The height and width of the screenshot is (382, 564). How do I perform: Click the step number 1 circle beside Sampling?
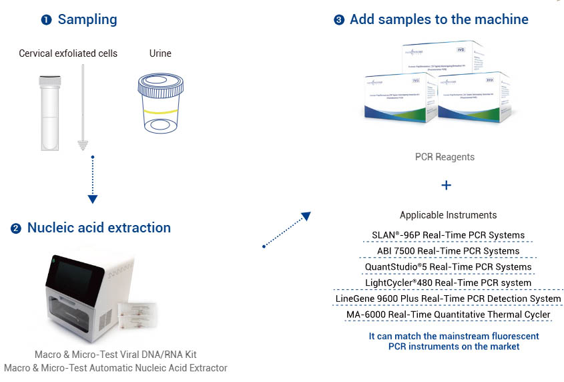(46, 20)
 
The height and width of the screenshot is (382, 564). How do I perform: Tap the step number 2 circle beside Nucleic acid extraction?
(16, 228)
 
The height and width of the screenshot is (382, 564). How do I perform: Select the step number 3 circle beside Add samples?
(339, 20)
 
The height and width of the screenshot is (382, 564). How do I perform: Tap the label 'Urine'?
(160, 53)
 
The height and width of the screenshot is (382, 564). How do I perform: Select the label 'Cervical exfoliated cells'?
(68, 53)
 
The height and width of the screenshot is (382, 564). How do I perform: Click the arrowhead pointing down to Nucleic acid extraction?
(93, 198)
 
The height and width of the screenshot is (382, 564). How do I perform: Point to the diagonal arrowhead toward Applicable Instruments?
(306, 216)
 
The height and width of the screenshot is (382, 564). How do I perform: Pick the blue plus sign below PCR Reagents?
(447, 185)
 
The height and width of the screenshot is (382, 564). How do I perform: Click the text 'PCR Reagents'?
(445, 157)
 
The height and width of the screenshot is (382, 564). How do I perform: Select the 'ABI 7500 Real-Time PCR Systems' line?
(448, 251)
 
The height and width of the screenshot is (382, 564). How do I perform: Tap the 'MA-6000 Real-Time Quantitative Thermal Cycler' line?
(448, 315)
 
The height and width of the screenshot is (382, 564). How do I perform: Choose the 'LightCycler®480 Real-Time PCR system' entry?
(448, 282)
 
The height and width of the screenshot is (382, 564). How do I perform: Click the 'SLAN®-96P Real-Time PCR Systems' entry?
(448, 235)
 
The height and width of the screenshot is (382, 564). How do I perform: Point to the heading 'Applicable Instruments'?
(448, 215)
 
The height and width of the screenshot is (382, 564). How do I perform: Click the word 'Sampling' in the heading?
(87, 19)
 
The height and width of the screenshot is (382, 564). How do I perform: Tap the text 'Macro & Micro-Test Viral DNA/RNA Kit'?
(115, 354)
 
